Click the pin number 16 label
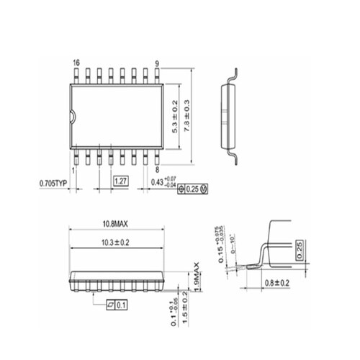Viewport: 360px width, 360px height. tap(76, 63)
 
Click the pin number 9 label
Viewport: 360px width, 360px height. tap(157, 63)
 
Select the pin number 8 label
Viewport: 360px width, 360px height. tap(157, 170)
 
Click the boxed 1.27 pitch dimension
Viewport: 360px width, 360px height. tap(120, 183)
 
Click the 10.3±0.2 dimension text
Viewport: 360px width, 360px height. tap(115, 243)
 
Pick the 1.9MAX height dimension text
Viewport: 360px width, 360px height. tap(195, 279)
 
